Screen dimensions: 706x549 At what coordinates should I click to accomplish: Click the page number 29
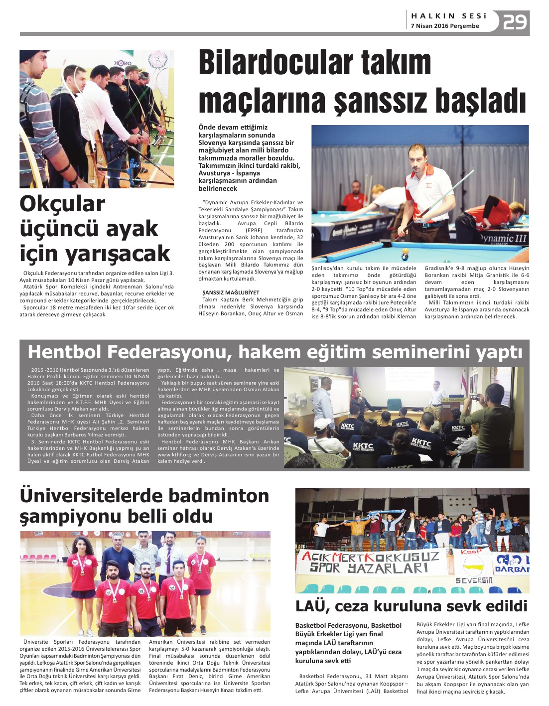[515, 22]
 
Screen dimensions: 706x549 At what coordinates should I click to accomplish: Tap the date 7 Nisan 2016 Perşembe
[445, 26]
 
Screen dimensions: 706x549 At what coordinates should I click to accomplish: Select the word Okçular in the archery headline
[62, 204]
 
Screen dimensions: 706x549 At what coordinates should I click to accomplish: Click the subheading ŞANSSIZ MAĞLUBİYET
[231, 292]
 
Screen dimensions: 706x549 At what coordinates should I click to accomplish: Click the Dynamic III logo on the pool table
[503, 239]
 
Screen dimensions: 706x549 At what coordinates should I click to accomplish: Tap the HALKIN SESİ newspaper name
[448, 16]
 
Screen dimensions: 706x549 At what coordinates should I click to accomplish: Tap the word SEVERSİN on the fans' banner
[474, 580]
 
